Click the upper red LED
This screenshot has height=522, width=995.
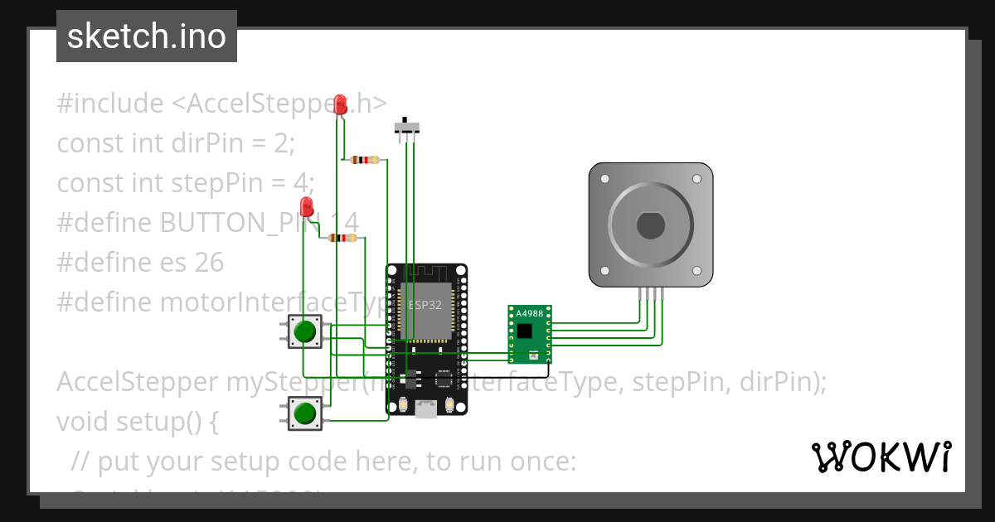tap(340, 104)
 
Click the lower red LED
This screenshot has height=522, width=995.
tap(307, 207)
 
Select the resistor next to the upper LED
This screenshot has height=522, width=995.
tap(365, 159)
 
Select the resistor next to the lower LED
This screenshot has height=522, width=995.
tap(342, 238)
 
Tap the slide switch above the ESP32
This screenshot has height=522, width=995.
tap(405, 127)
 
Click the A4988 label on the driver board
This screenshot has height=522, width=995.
tap(530, 314)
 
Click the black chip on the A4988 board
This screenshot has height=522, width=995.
tap(525, 331)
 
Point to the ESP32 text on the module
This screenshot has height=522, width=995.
tap(425, 304)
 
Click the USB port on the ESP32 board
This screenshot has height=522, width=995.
tap(426, 408)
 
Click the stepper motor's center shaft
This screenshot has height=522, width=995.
tap(650, 225)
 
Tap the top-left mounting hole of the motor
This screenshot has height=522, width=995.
tap(605, 179)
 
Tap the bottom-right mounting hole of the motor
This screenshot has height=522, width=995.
tap(696, 270)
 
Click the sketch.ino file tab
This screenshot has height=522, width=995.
tap(147, 36)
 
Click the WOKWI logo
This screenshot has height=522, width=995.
tap(881, 457)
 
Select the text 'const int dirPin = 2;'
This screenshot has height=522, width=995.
tap(176, 143)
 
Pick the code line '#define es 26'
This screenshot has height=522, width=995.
tap(140, 263)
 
